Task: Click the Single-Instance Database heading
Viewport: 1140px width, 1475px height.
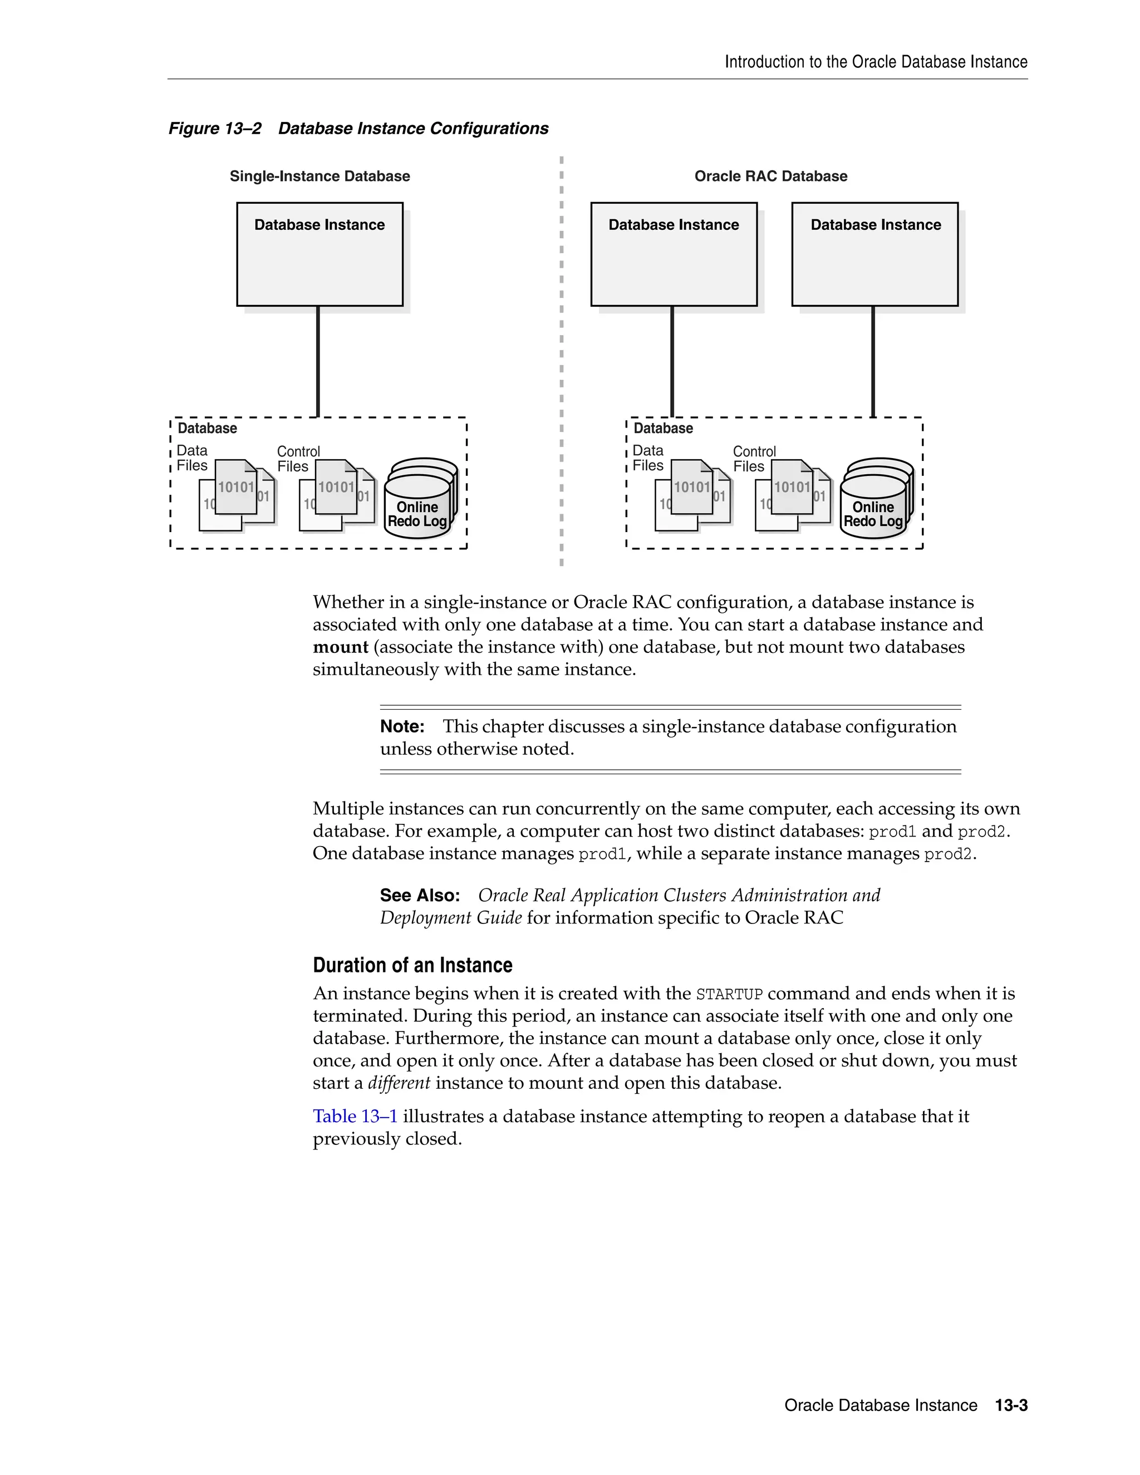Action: pyautogui.click(x=320, y=176)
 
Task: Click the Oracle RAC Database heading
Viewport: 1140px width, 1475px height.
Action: pyautogui.click(x=770, y=176)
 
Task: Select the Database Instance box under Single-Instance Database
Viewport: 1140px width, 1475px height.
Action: pyautogui.click(x=320, y=254)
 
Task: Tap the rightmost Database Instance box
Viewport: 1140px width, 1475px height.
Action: pyautogui.click(x=874, y=254)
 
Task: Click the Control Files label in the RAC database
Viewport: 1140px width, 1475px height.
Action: pyautogui.click(x=754, y=459)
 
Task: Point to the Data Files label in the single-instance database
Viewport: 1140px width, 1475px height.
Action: pyautogui.click(x=192, y=458)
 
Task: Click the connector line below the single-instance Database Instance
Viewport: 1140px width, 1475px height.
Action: pyautogui.click(x=317, y=361)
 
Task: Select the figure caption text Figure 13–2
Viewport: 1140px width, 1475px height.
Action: pyautogui.click(x=215, y=129)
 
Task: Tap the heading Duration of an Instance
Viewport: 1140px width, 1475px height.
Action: pyautogui.click(x=412, y=965)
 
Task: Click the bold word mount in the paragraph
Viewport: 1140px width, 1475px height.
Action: pyautogui.click(x=340, y=647)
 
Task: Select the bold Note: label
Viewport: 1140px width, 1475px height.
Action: pyautogui.click(x=402, y=727)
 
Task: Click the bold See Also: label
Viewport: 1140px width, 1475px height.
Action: pyautogui.click(x=419, y=896)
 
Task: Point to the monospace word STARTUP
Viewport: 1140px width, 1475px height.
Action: pyautogui.click(x=729, y=994)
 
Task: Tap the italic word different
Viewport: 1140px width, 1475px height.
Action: pyautogui.click(x=399, y=1083)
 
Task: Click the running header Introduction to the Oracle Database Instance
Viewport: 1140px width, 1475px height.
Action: pyautogui.click(x=876, y=62)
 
